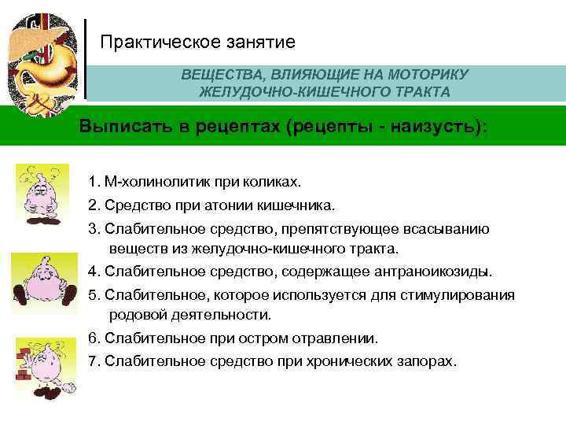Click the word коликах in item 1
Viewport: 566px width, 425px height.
[x=274, y=183]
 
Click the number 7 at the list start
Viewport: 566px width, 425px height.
[x=93, y=360]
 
